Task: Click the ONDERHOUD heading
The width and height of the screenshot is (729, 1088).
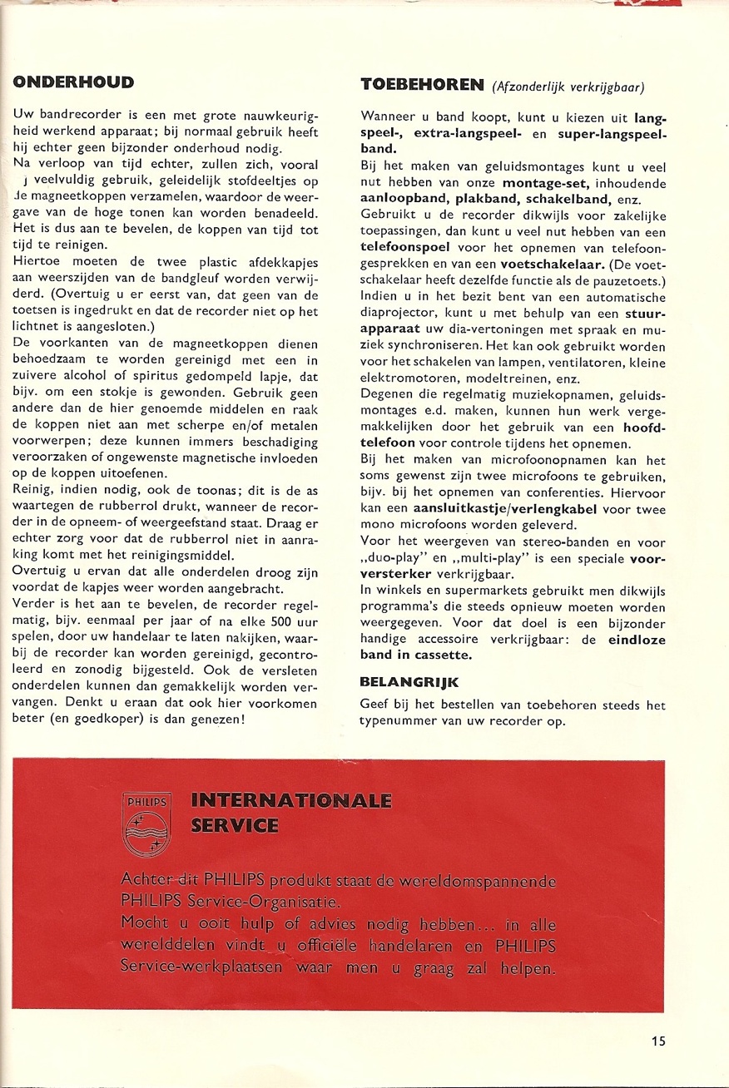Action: point(74,82)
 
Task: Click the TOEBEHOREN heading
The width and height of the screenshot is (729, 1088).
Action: point(422,84)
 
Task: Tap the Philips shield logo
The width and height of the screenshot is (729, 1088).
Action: point(146,823)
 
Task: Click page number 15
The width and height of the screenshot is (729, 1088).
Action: point(659,1040)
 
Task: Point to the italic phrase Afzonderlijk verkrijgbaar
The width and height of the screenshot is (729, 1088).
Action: point(569,87)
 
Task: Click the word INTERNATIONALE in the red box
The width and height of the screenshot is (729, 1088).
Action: point(291,801)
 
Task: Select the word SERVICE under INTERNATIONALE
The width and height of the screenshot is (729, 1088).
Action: point(235,826)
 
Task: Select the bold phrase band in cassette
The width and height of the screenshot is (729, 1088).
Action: point(415,655)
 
